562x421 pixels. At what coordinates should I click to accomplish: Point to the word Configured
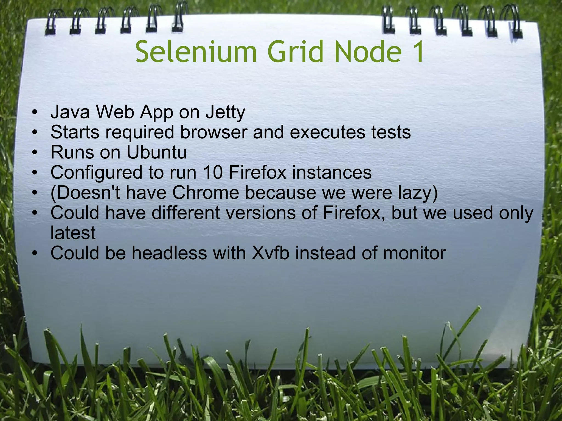click(97, 173)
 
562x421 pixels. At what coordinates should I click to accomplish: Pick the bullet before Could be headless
click(34, 253)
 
